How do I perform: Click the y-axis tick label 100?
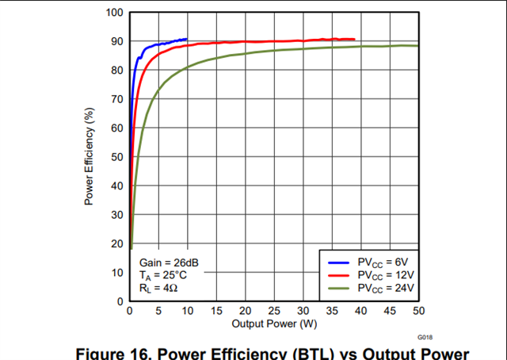coord(113,13)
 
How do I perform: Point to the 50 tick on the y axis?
coord(116,157)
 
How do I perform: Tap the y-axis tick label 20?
coord(116,243)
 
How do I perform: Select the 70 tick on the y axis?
coord(116,99)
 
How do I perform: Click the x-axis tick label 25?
coord(274,312)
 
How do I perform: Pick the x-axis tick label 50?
coord(419,312)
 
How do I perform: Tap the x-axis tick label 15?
coord(216,312)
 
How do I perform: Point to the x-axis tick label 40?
coord(361,312)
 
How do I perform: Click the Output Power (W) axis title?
coord(273,324)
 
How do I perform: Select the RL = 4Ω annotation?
coord(158,288)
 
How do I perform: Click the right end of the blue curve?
coord(187,39)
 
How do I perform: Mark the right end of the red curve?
coord(354,39)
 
